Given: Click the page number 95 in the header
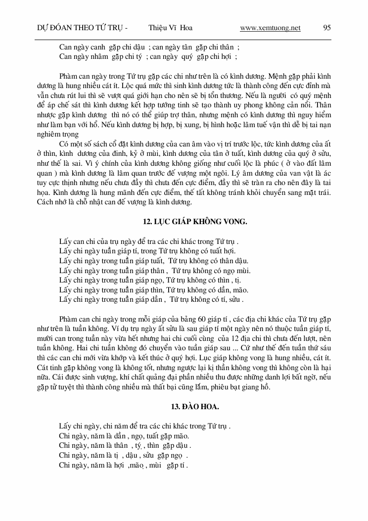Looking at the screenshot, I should tap(327, 28).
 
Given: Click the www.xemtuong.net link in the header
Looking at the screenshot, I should tap(270, 28).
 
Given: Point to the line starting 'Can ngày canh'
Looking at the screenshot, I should tap(149, 47).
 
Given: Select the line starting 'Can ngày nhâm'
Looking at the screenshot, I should tap(148, 56).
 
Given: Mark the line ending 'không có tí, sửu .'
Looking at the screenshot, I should tap(151, 299).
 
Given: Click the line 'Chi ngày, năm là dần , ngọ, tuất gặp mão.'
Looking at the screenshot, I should tap(124, 436).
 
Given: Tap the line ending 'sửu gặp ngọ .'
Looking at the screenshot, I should tap(124, 455).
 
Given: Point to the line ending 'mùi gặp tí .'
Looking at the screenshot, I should tap(123, 465).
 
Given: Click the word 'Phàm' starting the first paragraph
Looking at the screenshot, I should tap(67, 77).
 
